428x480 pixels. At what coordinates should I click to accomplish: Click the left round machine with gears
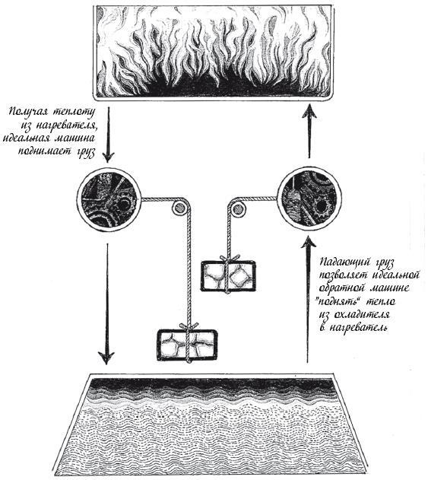[109, 199]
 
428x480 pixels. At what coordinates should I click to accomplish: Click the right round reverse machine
[309, 199]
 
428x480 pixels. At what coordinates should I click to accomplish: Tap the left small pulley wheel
[178, 208]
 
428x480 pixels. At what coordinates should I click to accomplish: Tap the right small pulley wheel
[237, 209]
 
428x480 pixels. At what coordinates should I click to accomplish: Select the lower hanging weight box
[187, 345]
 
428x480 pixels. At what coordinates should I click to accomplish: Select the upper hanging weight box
[228, 275]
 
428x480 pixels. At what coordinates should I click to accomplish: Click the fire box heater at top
[213, 52]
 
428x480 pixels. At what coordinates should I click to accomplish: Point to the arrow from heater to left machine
[107, 135]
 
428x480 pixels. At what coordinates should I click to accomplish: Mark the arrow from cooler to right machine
[307, 300]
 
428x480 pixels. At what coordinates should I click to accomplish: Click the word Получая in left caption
[28, 112]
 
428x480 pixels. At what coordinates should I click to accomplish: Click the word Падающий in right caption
[341, 263]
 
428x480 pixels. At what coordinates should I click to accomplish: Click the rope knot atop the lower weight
[189, 326]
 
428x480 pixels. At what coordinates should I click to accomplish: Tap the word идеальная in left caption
[27, 138]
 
